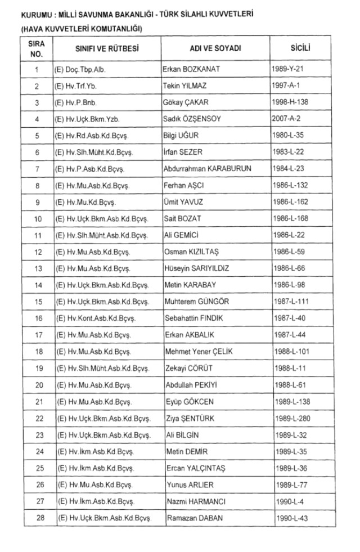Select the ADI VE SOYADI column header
point(215,49)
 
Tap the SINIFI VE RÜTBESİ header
point(107,49)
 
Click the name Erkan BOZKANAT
point(191,70)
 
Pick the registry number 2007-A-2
point(290,119)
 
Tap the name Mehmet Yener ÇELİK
point(199,352)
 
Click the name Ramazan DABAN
point(195,518)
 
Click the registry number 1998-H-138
point(292,103)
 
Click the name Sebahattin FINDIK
point(193,318)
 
